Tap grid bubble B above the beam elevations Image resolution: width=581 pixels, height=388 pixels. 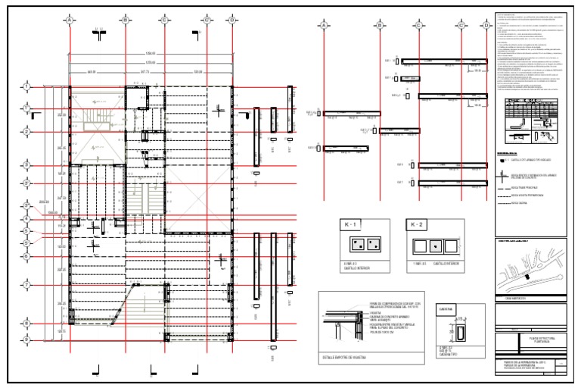tap(378, 26)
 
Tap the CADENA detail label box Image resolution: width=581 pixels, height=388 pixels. tap(445, 309)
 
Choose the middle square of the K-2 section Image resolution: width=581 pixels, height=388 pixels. tap(435, 246)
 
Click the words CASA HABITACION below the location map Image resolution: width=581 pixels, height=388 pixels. tap(514, 298)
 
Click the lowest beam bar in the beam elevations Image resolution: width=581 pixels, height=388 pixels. tap(450, 183)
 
